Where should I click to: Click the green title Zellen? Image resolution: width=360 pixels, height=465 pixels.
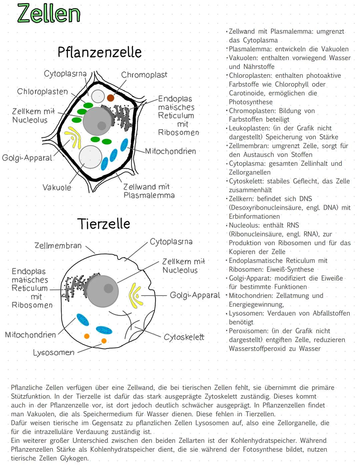click(49, 14)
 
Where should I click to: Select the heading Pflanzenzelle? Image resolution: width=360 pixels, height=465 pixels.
click(99, 52)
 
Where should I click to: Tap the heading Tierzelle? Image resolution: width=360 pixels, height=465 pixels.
click(103, 224)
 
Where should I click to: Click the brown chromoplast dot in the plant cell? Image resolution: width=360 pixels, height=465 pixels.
click(111, 98)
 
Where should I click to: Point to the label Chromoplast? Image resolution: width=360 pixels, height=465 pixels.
click(144, 75)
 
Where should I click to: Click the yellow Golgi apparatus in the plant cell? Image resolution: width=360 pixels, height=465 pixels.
click(74, 137)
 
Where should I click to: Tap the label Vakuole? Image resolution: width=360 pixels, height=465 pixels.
click(57, 187)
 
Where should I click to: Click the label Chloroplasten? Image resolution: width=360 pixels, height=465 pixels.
click(42, 92)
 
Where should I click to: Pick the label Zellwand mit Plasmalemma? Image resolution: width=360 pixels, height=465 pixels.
click(148, 191)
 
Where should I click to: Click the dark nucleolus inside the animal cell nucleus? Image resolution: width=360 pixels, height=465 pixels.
click(108, 288)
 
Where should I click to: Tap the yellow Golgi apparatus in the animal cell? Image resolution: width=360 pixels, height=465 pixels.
click(135, 295)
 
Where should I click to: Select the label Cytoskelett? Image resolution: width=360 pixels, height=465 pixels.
click(184, 337)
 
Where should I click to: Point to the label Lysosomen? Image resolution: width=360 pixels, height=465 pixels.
click(54, 353)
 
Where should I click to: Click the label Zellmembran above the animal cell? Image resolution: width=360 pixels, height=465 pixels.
click(58, 246)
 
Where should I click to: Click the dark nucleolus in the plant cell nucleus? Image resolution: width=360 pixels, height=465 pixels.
click(102, 125)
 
